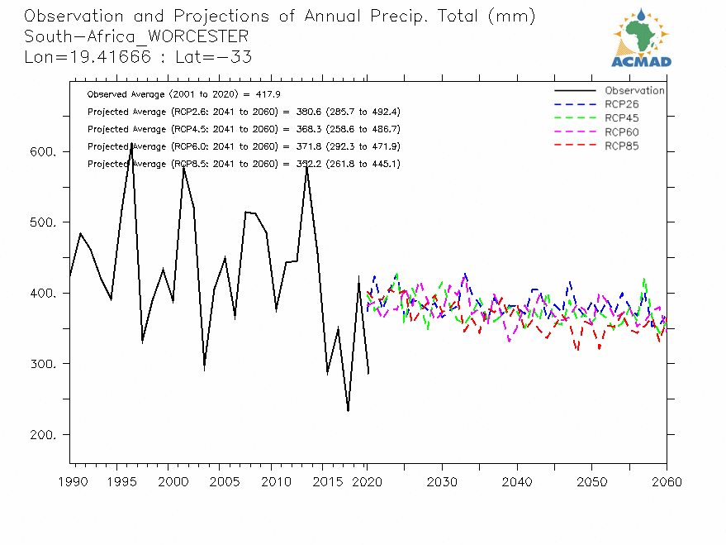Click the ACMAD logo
(641, 37)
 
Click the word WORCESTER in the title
(197, 36)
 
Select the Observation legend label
(634, 91)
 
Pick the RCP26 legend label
(622, 105)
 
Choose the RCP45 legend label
(622, 118)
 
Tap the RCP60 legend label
(622, 132)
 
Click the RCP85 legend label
(622, 146)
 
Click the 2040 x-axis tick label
(517, 481)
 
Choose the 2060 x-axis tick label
(666, 481)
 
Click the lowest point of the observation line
(348, 411)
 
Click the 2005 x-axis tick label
(219, 481)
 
